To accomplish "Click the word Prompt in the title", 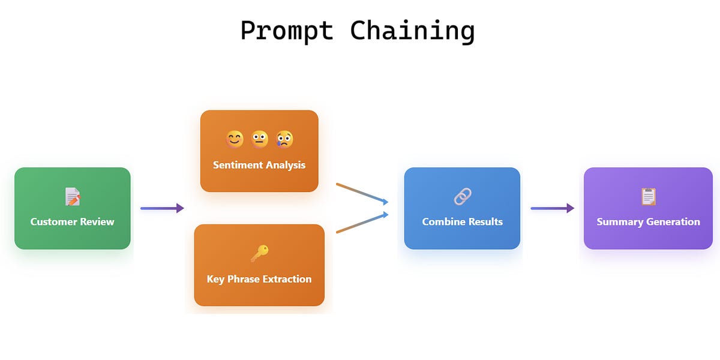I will click(286, 31).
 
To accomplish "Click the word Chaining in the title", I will click(413, 31).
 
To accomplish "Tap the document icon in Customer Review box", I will click(73, 196).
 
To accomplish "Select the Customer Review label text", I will click(73, 221).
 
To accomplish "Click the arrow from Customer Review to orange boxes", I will click(162, 208).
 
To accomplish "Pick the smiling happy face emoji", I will click(235, 140).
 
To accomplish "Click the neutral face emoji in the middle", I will click(259, 140).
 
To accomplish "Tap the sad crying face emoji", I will click(284, 140).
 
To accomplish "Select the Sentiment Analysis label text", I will click(259, 165).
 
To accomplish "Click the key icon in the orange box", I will click(259, 254).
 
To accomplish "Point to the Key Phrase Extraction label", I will click(259, 279).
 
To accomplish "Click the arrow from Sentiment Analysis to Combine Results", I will click(362, 193).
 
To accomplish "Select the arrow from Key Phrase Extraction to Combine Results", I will click(362, 223).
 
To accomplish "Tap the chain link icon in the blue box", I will click(462, 196).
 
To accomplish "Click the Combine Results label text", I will click(462, 221).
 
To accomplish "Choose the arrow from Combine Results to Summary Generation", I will click(552, 208).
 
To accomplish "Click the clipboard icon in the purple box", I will click(649, 196).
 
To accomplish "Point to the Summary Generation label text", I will click(649, 221).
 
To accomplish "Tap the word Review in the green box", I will click(97, 221).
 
